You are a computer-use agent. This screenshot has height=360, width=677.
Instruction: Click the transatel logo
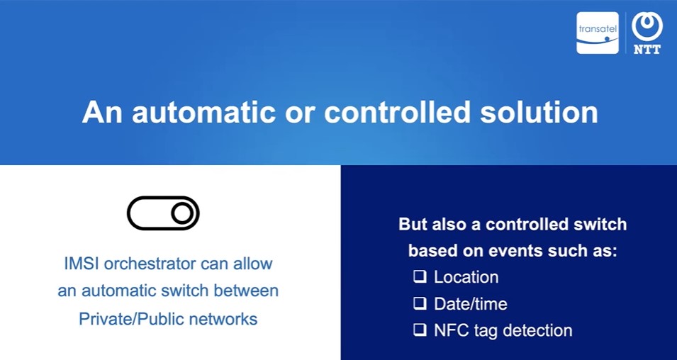click(x=598, y=33)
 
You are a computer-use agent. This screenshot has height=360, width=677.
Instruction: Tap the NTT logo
click(x=647, y=33)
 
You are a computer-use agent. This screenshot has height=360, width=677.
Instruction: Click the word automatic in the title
click(x=203, y=112)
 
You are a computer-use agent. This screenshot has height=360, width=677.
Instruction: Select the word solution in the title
click(x=539, y=112)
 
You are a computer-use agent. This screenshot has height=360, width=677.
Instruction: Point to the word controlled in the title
click(x=397, y=112)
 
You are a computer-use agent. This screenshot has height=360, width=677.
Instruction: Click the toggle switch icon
click(x=163, y=213)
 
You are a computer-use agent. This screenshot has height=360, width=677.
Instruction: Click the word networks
click(x=223, y=319)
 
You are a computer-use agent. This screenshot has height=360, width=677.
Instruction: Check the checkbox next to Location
click(x=420, y=276)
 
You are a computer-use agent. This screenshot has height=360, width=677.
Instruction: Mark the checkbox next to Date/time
click(x=420, y=303)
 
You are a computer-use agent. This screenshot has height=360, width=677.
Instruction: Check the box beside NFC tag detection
click(x=420, y=330)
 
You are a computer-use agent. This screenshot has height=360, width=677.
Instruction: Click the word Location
click(x=466, y=276)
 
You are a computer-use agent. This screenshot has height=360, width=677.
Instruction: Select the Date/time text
click(x=471, y=304)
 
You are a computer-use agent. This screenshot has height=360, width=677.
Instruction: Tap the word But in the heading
click(x=413, y=224)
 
